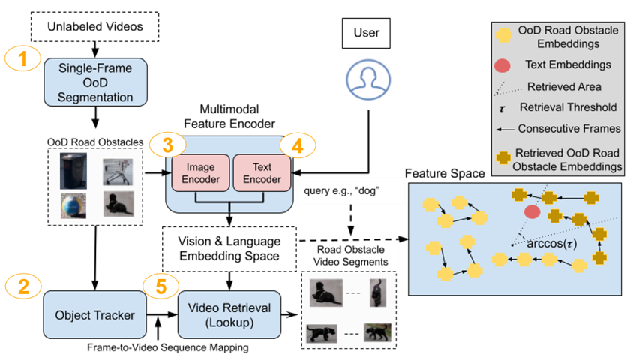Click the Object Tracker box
[94, 314]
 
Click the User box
[361, 33]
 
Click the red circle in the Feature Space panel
[532, 212]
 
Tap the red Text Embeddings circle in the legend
[504, 64]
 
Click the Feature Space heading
[445, 173]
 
